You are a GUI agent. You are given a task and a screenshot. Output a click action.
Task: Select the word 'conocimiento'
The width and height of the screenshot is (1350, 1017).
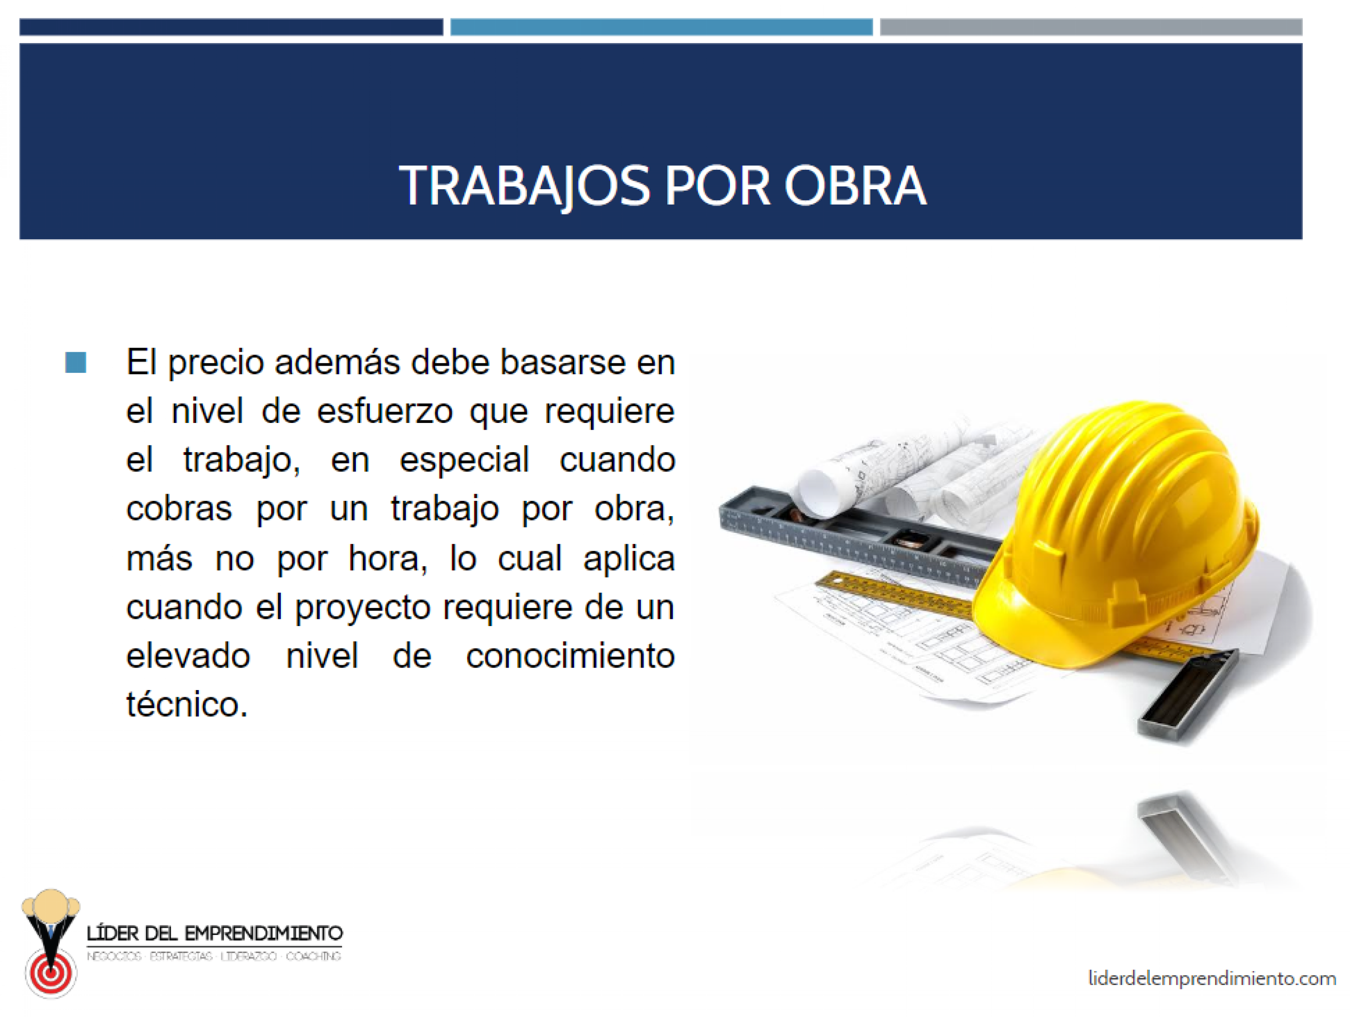coord(570,657)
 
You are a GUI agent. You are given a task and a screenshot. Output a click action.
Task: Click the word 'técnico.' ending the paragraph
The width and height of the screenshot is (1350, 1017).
coord(187,705)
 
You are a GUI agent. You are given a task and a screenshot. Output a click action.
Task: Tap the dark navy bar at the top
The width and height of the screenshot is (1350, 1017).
coord(231,27)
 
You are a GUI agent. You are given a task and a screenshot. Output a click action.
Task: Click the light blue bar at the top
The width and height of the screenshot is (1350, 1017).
coord(661,27)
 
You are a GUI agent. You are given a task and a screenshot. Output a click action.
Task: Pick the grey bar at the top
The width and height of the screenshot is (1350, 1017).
coord(1091,27)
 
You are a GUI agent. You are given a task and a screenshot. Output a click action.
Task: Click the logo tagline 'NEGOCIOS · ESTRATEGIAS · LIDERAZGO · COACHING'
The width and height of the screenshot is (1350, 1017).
coord(214,956)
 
